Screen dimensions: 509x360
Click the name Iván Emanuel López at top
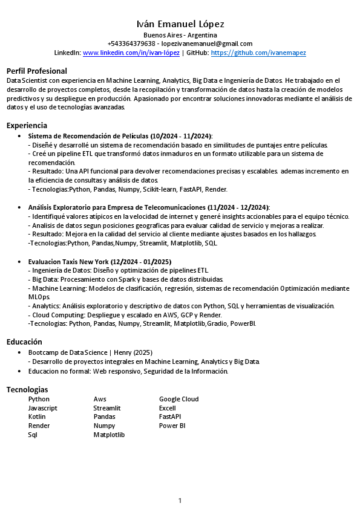180,24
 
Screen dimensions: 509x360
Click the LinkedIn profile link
131,53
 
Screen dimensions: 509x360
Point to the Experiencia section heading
27,125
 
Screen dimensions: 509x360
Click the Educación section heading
24,342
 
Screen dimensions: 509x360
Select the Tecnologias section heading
27,389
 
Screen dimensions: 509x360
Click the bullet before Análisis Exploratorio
21,207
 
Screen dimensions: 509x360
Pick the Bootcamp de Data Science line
90,352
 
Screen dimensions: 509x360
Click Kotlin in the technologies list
37,417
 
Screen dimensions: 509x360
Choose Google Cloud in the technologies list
178,399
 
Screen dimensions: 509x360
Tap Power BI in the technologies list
172,426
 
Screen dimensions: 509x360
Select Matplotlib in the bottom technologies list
109,435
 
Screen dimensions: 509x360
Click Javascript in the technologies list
43,408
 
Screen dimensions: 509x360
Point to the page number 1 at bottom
180,500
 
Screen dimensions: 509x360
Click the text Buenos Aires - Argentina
180,35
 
